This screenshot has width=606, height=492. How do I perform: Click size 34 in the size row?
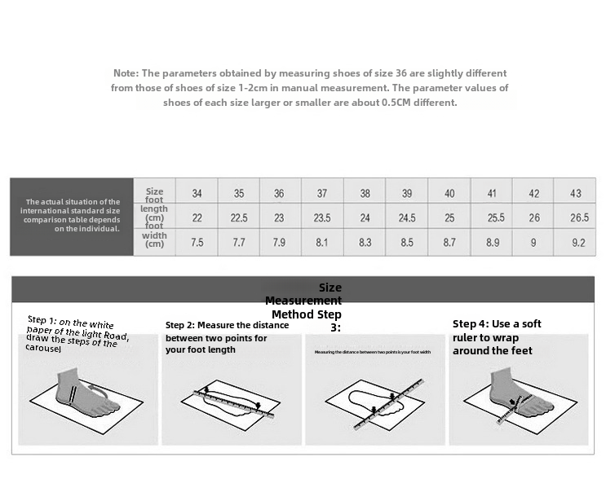(x=197, y=194)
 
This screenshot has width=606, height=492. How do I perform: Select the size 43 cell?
(x=576, y=194)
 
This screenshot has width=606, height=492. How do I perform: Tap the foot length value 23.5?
(x=322, y=218)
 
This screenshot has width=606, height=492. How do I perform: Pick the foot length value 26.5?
(x=579, y=218)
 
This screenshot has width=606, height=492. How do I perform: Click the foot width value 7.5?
(x=197, y=243)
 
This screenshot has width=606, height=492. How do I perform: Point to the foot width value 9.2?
(x=578, y=243)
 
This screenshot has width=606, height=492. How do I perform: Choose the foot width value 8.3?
(x=365, y=243)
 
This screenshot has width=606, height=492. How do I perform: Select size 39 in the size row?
(x=407, y=194)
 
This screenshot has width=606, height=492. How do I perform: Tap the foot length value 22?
(x=197, y=218)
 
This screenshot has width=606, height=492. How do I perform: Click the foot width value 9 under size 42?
(x=534, y=243)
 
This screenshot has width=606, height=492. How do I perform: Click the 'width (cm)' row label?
(x=154, y=239)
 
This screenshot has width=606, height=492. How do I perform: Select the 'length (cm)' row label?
(x=154, y=214)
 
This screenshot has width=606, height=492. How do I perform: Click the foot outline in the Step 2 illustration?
(x=232, y=399)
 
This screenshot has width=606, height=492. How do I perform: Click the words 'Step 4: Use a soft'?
(x=497, y=324)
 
